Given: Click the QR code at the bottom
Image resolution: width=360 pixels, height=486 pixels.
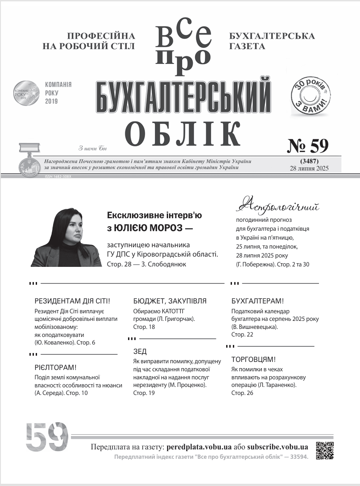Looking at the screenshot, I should pos(325,450).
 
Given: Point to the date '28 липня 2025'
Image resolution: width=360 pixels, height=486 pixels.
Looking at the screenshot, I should pos(309,168).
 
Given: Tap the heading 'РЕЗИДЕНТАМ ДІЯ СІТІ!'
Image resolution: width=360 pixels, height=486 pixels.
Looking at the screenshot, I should pos(72,301).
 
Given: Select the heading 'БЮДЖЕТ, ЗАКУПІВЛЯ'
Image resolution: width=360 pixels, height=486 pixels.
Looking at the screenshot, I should pos(170,301).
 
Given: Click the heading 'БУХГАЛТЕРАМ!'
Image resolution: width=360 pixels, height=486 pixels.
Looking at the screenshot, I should pos(258,301).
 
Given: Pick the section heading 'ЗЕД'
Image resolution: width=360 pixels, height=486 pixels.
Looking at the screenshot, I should pos(140,352).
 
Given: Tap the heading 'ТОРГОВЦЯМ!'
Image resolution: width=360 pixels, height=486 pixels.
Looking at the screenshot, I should pos(253,359).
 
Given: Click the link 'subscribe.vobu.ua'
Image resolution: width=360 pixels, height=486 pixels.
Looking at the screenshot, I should pos(277,447).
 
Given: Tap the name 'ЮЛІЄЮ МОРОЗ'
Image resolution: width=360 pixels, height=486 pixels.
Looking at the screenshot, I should pos(145,228).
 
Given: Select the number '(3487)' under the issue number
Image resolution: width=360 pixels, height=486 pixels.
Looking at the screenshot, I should pos(309,160).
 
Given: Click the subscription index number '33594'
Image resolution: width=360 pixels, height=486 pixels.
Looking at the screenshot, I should pos(297,457).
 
